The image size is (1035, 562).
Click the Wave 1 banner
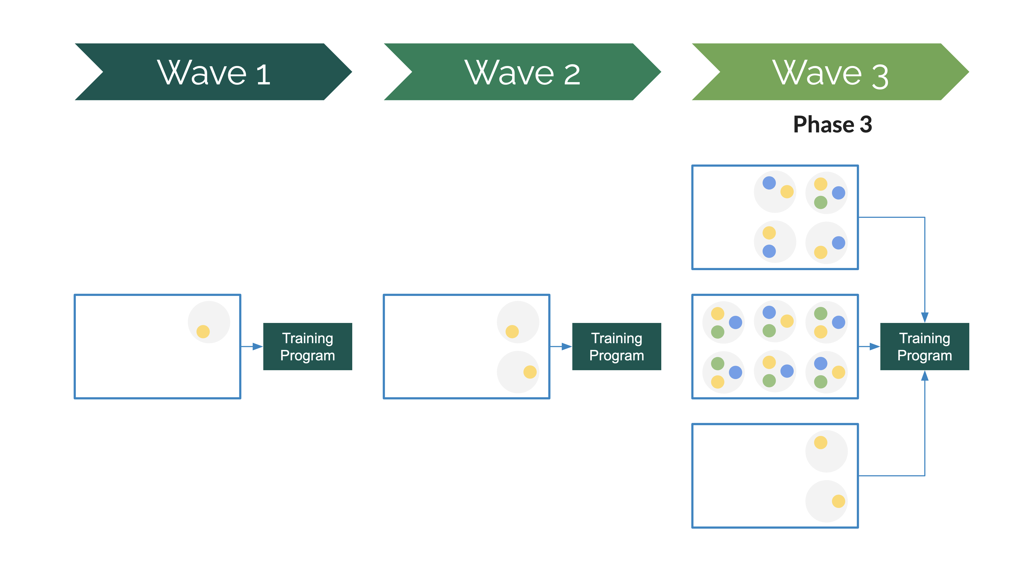(x=213, y=72)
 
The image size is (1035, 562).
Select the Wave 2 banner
(x=522, y=72)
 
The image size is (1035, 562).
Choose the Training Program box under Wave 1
(x=308, y=346)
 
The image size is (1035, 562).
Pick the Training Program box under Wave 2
(x=617, y=346)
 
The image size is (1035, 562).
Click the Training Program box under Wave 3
(x=925, y=346)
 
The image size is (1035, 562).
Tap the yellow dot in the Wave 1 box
(x=203, y=332)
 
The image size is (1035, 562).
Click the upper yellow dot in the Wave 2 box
(x=512, y=332)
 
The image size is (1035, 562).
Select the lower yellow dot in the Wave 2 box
(x=530, y=372)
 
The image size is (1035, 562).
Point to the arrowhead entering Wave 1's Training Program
(x=258, y=346)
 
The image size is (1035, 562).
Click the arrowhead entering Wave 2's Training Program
(x=567, y=346)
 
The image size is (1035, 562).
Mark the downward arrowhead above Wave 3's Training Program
(x=925, y=318)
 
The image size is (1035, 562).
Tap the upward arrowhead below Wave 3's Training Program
(x=925, y=375)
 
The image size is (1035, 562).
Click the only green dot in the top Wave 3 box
(x=820, y=202)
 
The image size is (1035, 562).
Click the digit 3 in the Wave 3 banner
(x=880, y=76)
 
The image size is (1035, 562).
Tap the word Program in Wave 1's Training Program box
(x=308, y=356)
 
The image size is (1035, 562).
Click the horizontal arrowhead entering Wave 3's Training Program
(x=875, y=346)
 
